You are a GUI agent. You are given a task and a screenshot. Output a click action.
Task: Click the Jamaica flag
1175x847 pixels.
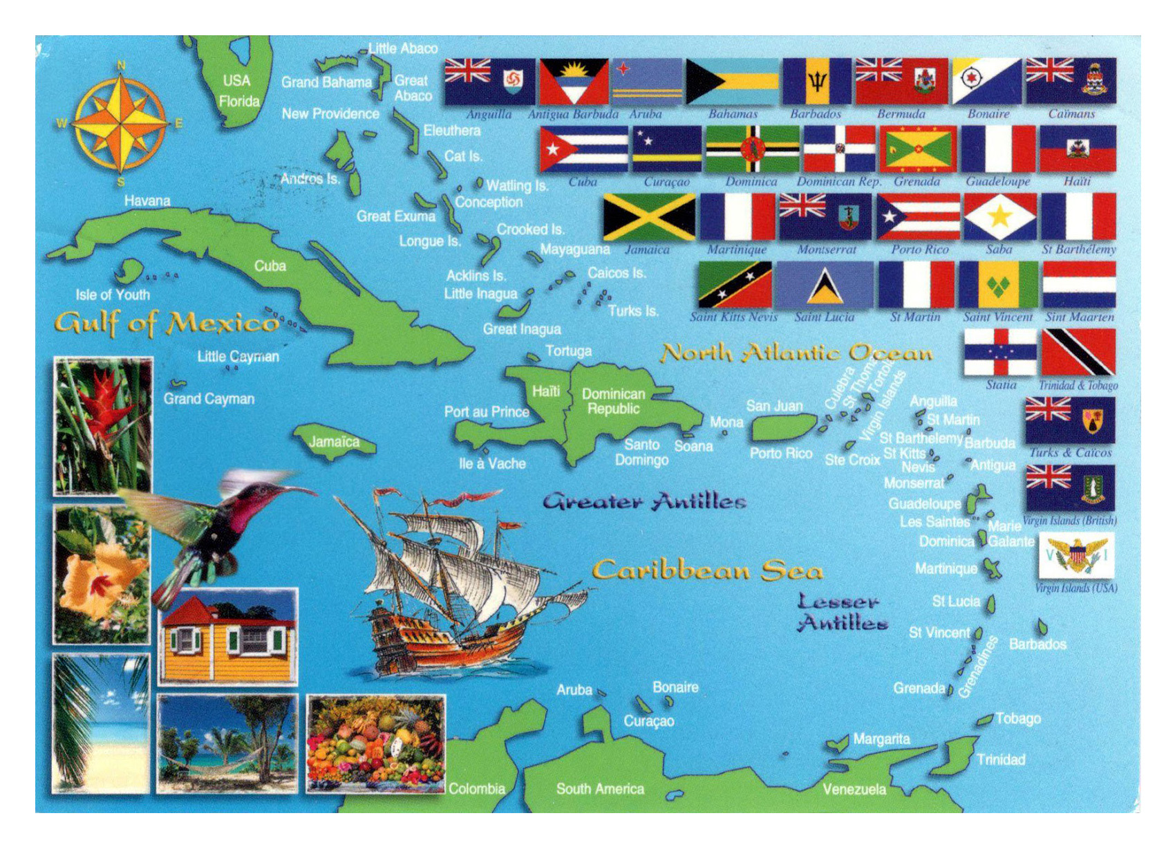649,217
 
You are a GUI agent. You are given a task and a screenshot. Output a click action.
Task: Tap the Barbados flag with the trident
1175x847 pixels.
817,82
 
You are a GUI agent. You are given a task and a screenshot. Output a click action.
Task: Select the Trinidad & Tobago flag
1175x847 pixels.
1078,352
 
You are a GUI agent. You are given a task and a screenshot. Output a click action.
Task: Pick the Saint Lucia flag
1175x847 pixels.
825,285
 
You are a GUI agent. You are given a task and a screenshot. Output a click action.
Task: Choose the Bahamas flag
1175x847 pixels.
732,82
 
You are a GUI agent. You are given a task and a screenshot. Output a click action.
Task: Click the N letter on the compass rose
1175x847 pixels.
122,66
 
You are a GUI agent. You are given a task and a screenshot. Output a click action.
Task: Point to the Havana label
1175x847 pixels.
147,201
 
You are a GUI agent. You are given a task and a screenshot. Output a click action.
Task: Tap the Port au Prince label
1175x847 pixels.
486,412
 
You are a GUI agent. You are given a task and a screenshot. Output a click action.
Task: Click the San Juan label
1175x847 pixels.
774,406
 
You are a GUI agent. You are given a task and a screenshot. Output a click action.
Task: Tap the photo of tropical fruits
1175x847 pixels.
375,744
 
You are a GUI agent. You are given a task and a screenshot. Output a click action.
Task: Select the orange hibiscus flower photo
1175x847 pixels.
101,574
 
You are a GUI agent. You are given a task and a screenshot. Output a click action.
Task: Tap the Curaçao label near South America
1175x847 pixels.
648,721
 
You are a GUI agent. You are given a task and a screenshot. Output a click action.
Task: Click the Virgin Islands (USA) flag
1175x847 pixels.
1076,556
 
